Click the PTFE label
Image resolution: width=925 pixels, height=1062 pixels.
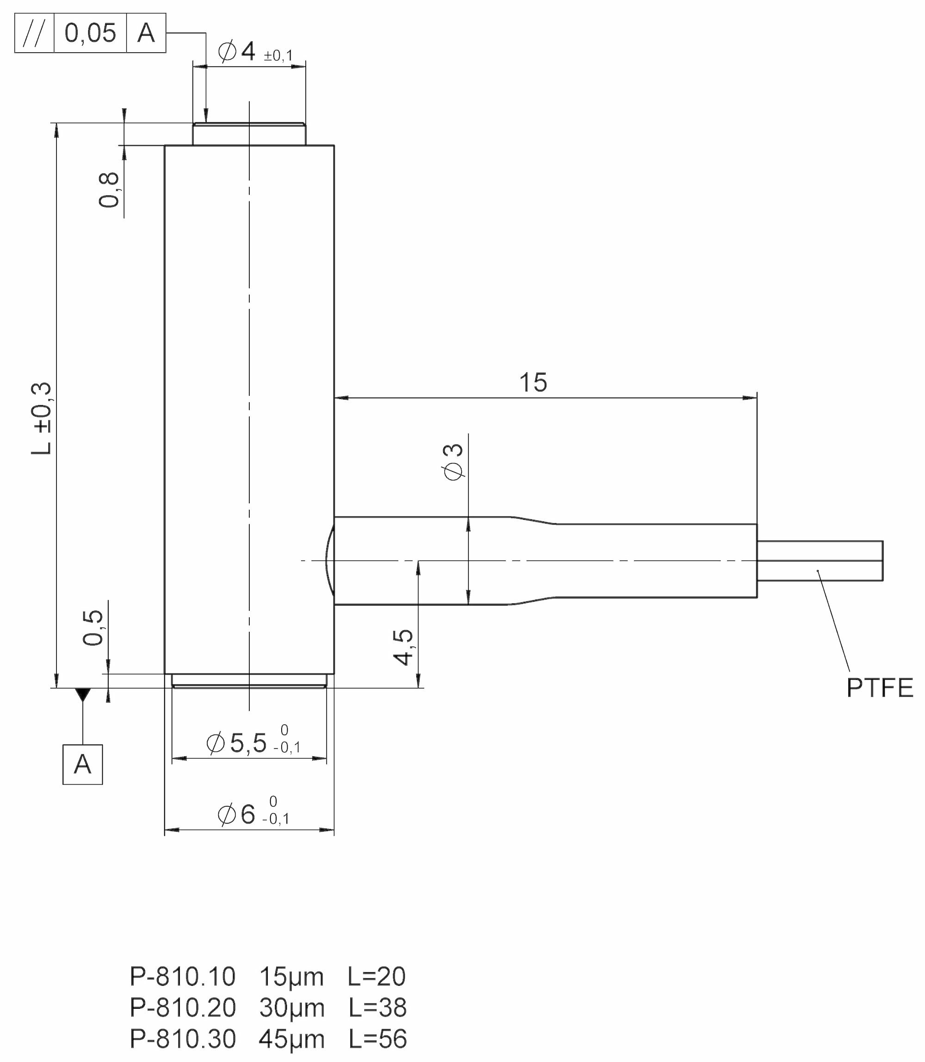click(880, 688)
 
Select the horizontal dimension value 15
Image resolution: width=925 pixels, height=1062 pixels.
click(533, 383)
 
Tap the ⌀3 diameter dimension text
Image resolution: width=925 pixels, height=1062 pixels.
click(454, 462)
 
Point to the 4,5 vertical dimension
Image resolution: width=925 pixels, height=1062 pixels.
click(403, 648)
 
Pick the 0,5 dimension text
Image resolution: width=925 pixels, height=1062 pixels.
click(93, 627)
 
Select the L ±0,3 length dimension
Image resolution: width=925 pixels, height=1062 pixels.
click(41, 418)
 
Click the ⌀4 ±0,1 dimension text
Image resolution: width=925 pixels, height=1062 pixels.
click(255, 52)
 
